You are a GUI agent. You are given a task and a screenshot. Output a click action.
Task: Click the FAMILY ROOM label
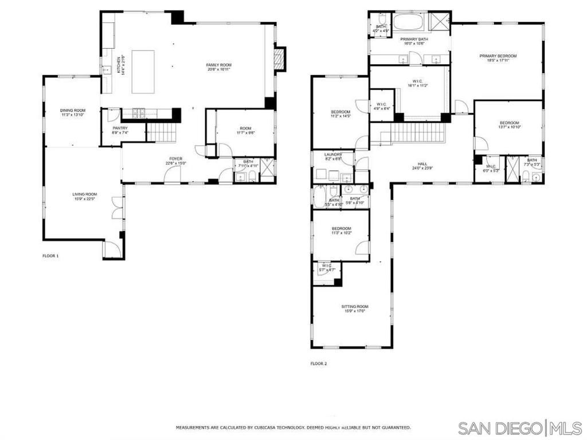point(218,65)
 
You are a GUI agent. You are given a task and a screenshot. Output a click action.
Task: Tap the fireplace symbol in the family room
point(279,59)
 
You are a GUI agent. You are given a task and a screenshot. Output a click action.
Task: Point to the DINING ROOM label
point(73,110)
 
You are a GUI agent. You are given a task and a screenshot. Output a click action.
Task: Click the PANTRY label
point(120,128)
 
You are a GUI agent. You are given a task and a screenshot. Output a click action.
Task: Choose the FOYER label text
point(175,158)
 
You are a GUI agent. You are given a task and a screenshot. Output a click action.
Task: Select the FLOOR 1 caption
point(50,256)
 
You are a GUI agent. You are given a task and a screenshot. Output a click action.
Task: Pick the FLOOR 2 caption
point(318,363)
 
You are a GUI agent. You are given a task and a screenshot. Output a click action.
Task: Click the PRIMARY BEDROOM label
point(498,56)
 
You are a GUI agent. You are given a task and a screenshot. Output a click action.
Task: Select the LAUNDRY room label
point(333,154)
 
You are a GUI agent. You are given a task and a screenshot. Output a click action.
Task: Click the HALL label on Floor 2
point(423,164)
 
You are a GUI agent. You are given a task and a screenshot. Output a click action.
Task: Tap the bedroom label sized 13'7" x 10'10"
point(509,123)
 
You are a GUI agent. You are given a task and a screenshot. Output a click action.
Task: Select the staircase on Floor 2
point(418,135)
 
